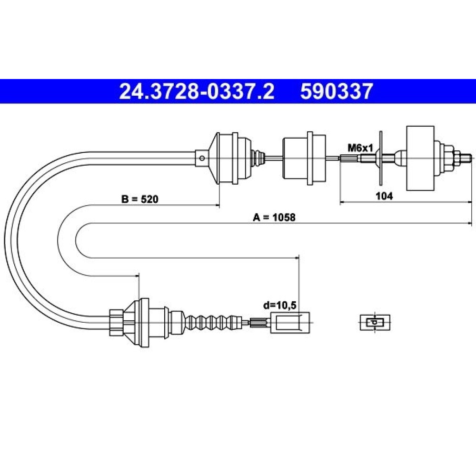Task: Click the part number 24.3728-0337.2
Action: (197, 91)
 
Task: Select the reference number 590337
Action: (337, 91)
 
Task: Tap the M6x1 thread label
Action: (360, 148)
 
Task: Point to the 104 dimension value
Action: (384, 196)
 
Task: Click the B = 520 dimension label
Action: (140, 199)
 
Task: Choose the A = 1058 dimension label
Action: (274, 218)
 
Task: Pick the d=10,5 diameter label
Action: (279, 305)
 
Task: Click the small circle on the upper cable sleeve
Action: (201, 158)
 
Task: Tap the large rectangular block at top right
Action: (420, 158)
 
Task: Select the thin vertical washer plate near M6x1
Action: (380, 158)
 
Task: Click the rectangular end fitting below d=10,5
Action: (290, 322)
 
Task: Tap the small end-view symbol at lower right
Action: (375, 322)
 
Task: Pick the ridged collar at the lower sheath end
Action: (116, 322)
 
